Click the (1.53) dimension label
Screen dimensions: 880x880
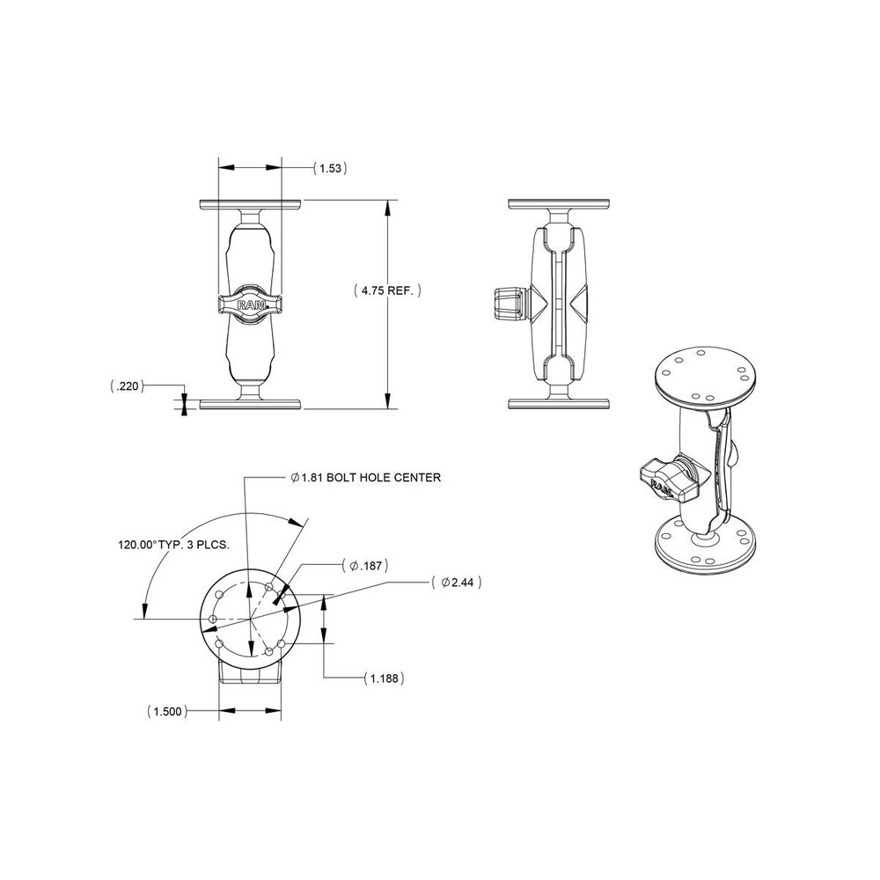(x=330, y=167)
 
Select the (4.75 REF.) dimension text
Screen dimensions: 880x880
(x=388, y=290)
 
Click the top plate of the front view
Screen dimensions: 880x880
(x=251, y=205)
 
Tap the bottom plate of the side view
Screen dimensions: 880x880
(x=561, y=404)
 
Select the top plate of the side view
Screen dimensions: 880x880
(x=561, y=205)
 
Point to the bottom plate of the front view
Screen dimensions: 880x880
(x=251, y=404)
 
